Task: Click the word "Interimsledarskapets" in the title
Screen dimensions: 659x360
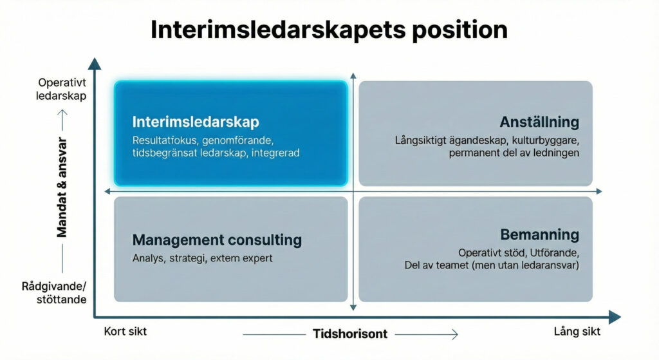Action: (x=278, y=30)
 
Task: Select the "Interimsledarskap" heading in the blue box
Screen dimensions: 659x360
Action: (x=196, y=122)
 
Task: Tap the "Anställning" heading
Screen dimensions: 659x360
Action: (x=539, y=122)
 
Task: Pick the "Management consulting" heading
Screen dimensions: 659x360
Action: (x=217, y=240)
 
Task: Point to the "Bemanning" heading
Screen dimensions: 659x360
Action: (x=540, y=234)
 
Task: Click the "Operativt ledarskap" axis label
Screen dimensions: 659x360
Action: (x=61, y=89)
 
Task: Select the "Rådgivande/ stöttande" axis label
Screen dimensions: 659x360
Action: (x=54, y=293)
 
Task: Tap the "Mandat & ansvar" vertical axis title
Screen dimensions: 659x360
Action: (x=62, y=187)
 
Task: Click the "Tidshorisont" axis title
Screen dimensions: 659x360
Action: (x=350, y=334)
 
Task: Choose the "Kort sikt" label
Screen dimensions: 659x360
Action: (x=125, y=332)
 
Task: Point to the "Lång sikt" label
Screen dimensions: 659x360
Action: (x=577, y=332)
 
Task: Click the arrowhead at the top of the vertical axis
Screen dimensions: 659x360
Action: (x=95, y=64)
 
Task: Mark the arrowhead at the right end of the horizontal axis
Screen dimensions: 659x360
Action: (x=615, y=317)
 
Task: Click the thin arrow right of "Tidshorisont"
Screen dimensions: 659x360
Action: (x=426, y=334)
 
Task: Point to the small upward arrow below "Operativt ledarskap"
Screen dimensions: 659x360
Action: (x=62, y=120)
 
